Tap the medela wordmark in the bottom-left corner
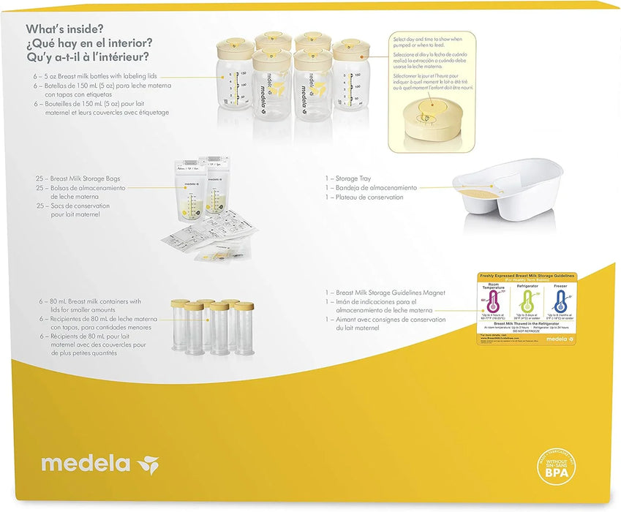point(86,464)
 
